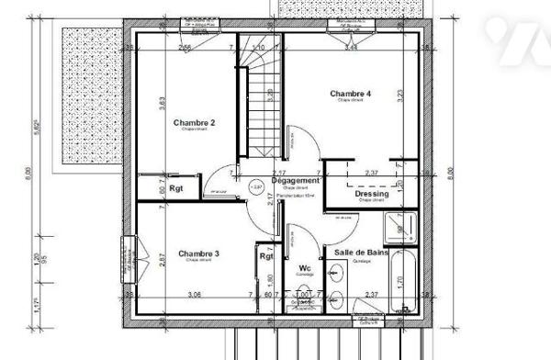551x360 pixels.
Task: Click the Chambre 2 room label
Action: click(193, 123)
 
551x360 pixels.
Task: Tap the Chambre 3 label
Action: click(198, 253)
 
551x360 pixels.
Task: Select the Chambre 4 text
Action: click(350, 94)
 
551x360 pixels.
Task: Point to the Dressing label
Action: click(371, 195)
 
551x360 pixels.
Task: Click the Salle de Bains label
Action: click(361, 253)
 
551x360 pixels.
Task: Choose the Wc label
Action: click(305, 268)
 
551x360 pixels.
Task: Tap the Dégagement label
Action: click(297, 181)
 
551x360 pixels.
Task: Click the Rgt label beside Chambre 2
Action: click(175, 189)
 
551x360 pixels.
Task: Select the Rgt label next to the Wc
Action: click(265, 256)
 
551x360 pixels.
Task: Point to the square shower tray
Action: click(398, 225)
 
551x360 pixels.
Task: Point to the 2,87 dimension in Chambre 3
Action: click(160, 260)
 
